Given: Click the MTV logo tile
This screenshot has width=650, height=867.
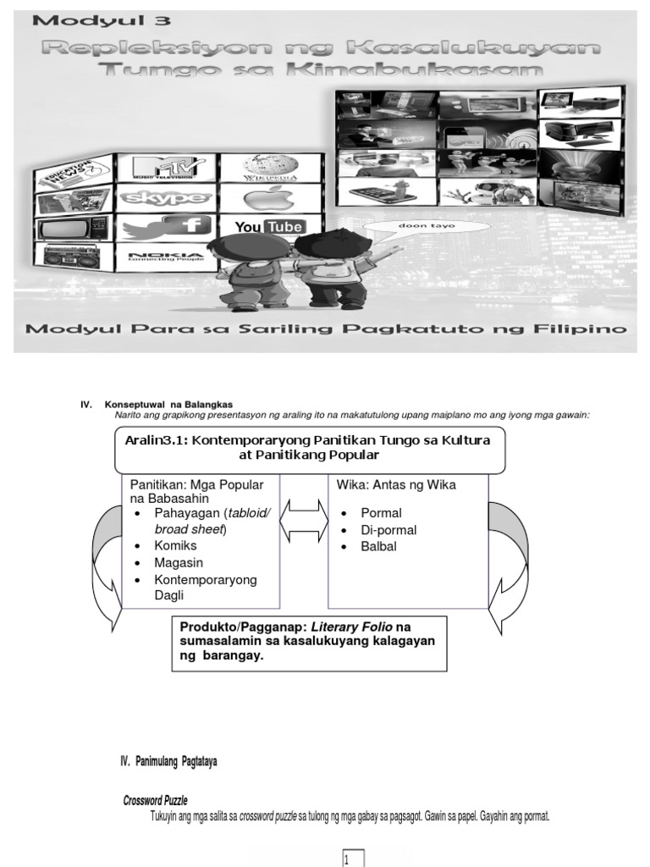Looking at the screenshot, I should [165, 167].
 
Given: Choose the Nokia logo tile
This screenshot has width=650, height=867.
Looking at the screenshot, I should [165, 256].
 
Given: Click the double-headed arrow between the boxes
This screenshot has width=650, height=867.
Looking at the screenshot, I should [304, 519].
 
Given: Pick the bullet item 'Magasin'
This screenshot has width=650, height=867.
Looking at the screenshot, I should [179, 562].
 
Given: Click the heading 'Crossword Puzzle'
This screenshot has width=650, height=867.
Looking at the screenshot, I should [156, 800].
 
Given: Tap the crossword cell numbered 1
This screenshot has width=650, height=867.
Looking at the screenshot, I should [353, 859].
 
